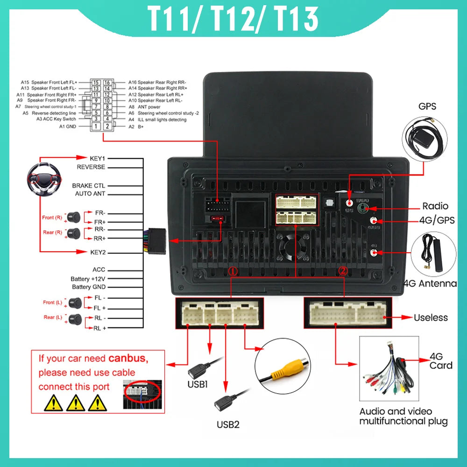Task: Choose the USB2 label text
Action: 228,425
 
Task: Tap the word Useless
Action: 431,318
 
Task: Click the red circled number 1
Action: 233,271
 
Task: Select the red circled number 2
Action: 343,271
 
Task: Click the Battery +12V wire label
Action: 88,279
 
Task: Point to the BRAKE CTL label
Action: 89,186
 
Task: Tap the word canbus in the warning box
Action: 128,359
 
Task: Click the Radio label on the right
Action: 435,206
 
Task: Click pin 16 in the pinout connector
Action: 107,82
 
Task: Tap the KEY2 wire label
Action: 98,252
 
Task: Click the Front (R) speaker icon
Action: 73,217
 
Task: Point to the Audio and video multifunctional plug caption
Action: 403,417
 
